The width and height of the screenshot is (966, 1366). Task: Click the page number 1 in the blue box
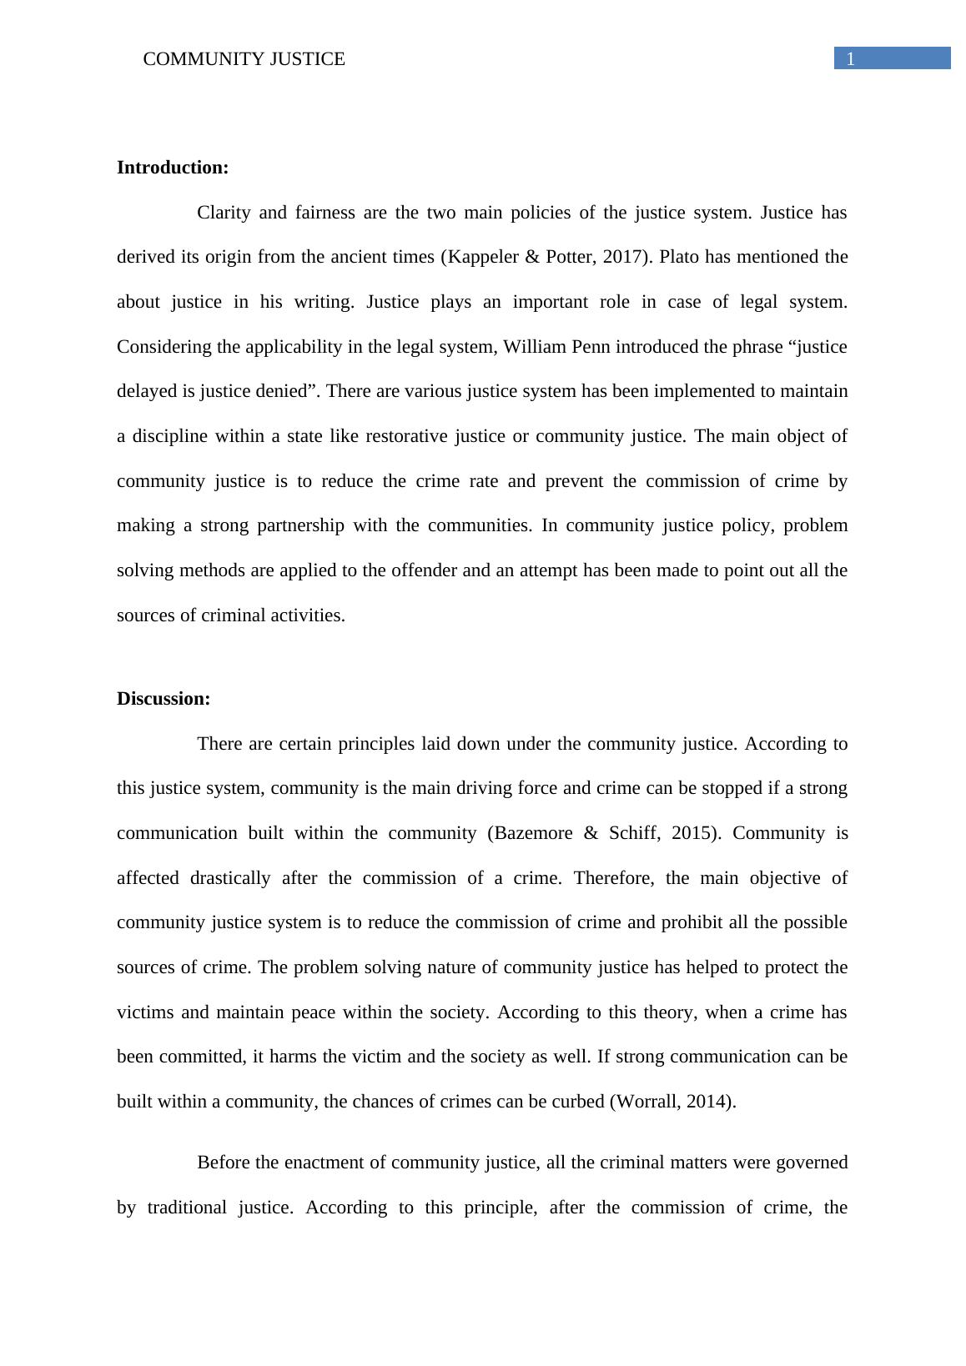coord(851,58)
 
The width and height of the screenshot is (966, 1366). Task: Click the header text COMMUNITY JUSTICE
coord(244,59)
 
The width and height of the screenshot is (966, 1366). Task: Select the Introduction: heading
coord(173,168)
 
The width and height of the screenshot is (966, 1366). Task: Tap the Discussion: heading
coord(164,699)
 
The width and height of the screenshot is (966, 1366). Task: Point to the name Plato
coord(680,257)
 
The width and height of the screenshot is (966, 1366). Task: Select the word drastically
coord(230,878)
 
